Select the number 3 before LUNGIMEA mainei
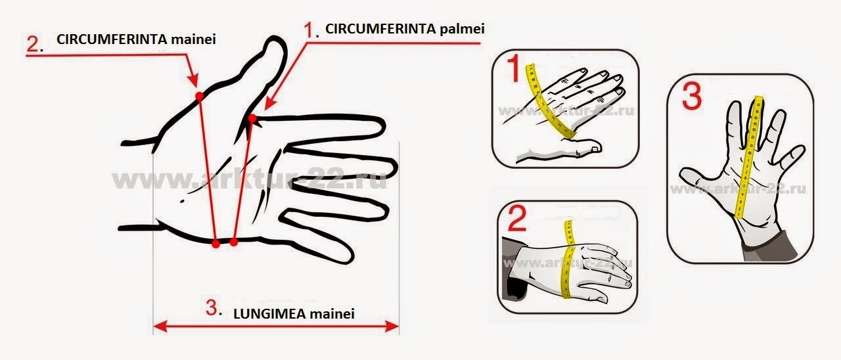[x=211, y=307]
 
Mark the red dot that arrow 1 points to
[x=252, y=118]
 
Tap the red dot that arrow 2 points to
[x=199, y=96]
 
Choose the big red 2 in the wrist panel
[x=517, y=219]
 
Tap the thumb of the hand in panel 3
[x=694, y=178]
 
